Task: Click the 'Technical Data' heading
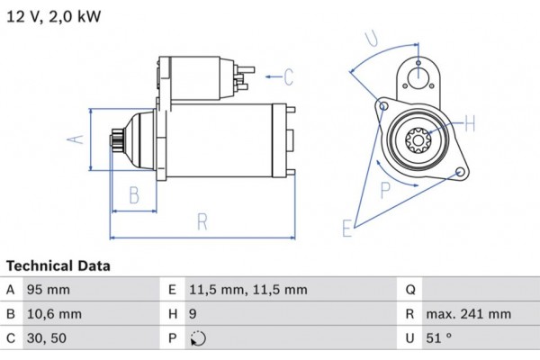pyautogui.click(x=58, y=266)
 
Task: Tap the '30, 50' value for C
pyautogui.click(x=46, y=339)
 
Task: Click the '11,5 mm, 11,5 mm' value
pyautogui.click(x=248, y=290)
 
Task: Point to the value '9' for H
pyautogui.click(x=193, y=315)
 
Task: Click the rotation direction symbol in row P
pyautogui.click(x=200, y=339)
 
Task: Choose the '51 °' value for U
pyautogui.click(x=439, y=339)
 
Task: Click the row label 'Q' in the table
pyautogui.click(x=409, y=290)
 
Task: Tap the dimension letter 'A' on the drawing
pyautogui.click(x=77, y=139)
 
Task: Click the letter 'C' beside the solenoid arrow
pyautogui.click(x=289, y=77)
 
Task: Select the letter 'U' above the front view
pyautogui.click(x=371, y=40)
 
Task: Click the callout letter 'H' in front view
pyautogui.click(x=469, y=123)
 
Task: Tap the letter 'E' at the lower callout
pyautogui.click(x=347, y=229)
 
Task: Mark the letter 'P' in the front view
pyautogui.click(x=385, y=189)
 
